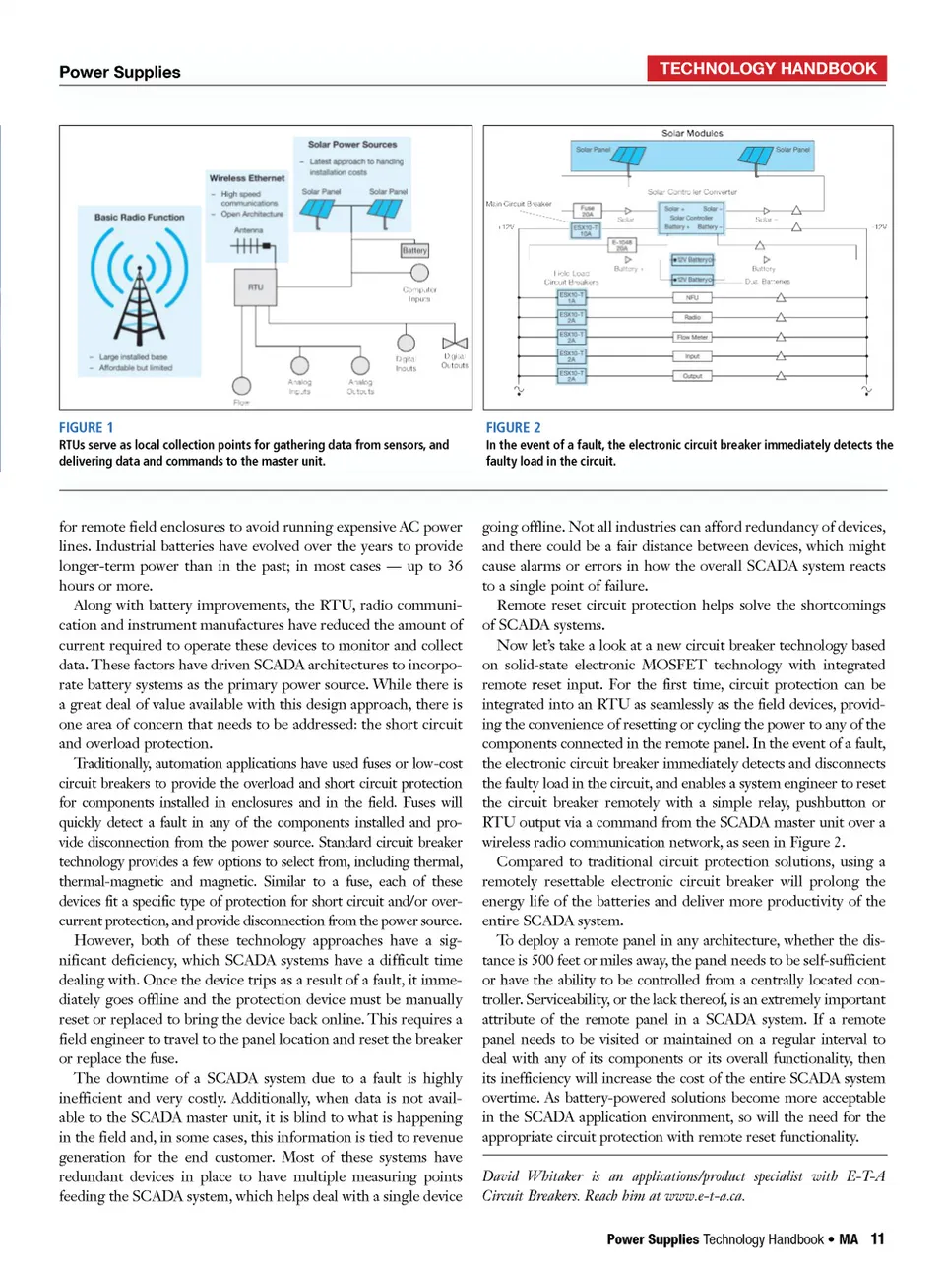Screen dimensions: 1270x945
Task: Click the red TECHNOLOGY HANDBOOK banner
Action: tap(767, 69)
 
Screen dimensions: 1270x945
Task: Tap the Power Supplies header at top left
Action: tap(120, 72)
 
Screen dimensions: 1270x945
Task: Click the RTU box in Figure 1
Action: tap(256, 287)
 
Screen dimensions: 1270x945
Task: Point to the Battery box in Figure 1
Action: tap(414, 251)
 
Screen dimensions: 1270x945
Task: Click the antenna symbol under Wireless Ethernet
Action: tap(249, 246)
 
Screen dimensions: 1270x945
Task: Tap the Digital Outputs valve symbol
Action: tap(455, 342)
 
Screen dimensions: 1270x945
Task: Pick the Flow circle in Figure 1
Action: tap(241, 386)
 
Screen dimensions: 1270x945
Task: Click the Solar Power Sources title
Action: tap(352, 145)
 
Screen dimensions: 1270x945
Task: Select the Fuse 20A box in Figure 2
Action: tap(587, 211)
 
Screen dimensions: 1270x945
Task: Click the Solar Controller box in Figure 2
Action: tap(691, 218)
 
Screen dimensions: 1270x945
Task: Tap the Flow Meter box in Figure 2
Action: tap(692, 337)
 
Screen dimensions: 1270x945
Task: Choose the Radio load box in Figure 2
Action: tap(692, 317)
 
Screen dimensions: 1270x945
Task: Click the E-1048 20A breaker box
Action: tap(621, 245)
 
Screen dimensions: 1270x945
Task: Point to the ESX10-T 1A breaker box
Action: tap(571, 297)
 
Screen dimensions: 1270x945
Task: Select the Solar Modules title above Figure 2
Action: tap(692, 133)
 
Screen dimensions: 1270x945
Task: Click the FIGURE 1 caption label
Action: tap(86, 427)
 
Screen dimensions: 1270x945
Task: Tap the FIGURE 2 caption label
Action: tap(513, 427)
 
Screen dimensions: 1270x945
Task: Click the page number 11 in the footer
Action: tap(877, 1239)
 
